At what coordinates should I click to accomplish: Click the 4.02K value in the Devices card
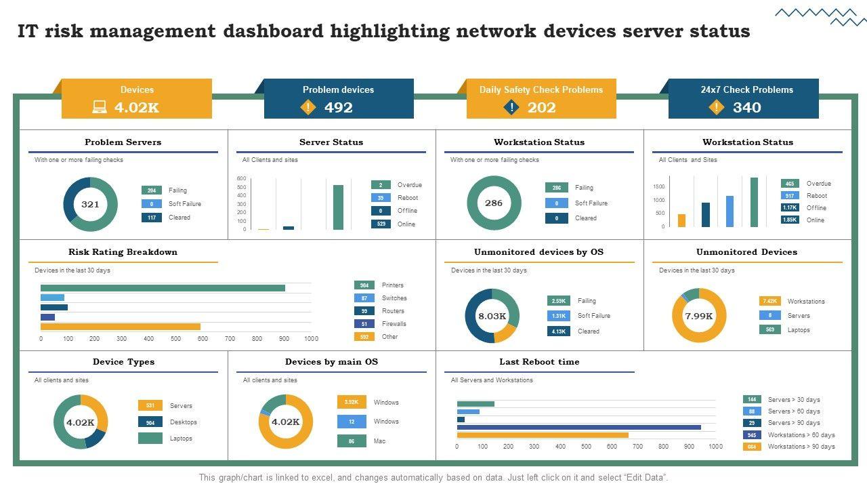136,107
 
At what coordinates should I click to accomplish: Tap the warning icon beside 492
308,107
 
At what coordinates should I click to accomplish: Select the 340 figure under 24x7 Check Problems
746,107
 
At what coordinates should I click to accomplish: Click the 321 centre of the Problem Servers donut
90,204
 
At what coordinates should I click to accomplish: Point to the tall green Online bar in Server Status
338,207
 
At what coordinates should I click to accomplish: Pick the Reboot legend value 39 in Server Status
381,198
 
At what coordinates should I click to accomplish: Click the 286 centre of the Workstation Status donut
494,203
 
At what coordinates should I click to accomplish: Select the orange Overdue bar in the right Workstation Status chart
681,220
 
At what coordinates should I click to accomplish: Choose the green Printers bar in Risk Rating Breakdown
163,288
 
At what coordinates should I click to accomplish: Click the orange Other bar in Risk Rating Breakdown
121,327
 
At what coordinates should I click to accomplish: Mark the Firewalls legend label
394,324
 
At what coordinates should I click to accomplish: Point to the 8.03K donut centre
492,316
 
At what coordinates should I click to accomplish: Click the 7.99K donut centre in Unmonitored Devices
699,316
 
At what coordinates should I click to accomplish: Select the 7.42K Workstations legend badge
769,301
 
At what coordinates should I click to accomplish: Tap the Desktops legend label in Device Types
183,422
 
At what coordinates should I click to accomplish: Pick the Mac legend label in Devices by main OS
379,441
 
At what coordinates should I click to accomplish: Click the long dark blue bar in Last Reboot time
579,427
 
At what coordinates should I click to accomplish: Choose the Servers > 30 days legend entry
793,400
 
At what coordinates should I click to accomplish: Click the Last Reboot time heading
539,362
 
